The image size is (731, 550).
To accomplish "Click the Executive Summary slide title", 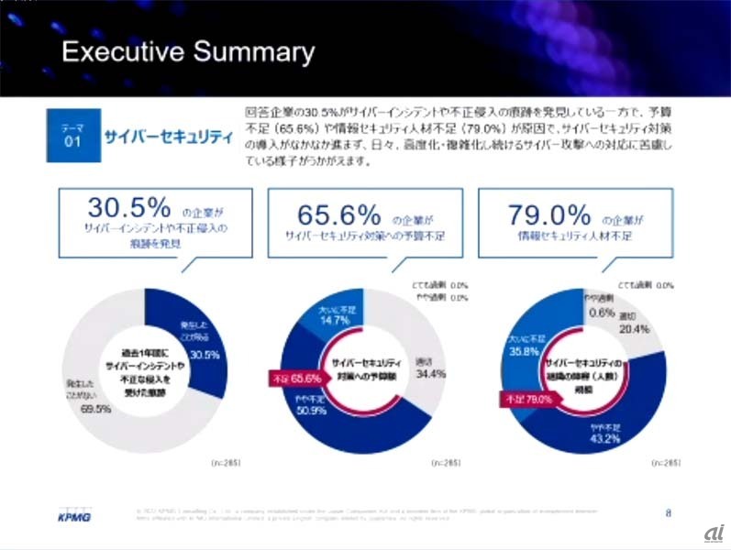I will tap(187, 52).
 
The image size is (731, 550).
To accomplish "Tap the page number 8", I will tap(668, 511).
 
